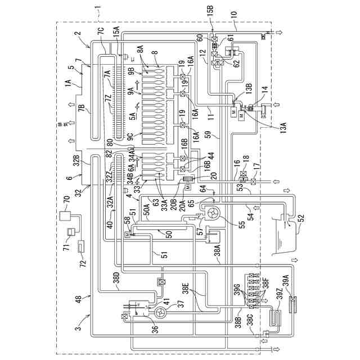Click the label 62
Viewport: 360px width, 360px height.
pyautogui.click(x=236, y=64)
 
